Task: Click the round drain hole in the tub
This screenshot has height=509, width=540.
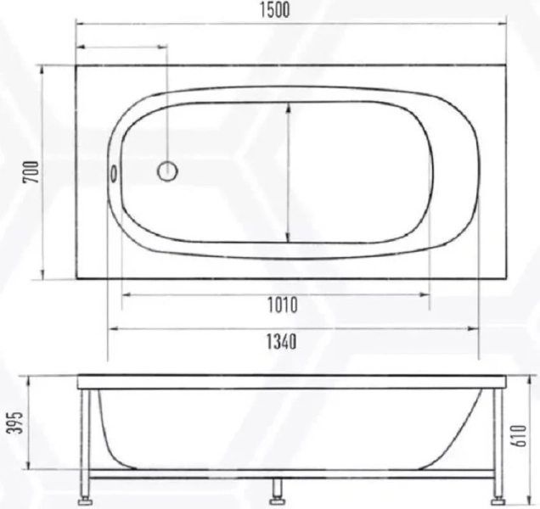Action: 167,171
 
